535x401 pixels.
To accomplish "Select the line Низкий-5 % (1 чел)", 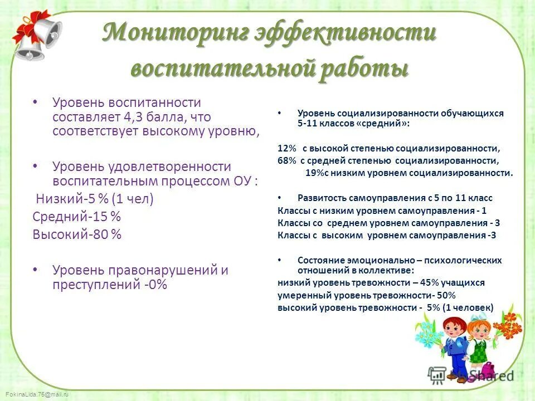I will (94, 199).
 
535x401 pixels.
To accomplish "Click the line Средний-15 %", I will (76, 217).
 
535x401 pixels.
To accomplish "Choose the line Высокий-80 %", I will (76, 234).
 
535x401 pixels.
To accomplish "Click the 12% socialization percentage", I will (286, 149).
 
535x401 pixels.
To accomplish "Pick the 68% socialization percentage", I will (286, 160).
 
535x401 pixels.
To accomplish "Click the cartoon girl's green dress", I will (478, 351).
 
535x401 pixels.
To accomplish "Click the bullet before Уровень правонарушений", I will (36, 270).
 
